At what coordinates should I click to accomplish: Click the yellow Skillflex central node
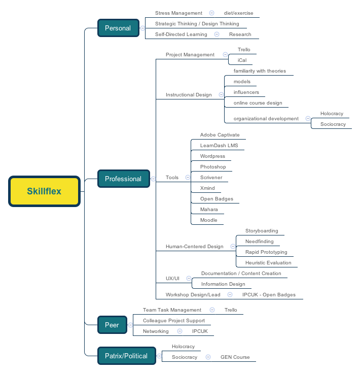(44, 191)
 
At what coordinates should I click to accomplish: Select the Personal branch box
(118, 28)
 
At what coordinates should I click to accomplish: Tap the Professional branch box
(123, 179)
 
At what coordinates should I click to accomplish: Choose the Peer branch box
(112, 325)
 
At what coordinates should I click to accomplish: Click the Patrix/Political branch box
(126, 356)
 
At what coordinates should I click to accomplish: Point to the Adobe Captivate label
(220, 135)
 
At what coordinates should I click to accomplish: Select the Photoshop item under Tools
(213, 167)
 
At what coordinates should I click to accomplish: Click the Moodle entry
(208, 220)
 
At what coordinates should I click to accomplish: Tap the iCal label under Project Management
(242, 60)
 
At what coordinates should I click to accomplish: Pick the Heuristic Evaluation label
(268, 263)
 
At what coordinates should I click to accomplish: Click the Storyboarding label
(262, 231)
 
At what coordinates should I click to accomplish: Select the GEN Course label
(235, 357)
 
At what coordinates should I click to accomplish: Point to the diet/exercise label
(238, 13)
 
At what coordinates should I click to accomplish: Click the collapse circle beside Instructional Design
(221, 94)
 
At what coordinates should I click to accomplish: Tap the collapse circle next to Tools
(188, 178)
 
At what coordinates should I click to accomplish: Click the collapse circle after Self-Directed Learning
(217, 35)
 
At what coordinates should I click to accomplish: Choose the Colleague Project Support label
(174, 321)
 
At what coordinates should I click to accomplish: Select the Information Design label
(223, 284)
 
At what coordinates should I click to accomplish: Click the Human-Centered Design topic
(194, 247)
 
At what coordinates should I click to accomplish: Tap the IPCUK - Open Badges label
(269, 295)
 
